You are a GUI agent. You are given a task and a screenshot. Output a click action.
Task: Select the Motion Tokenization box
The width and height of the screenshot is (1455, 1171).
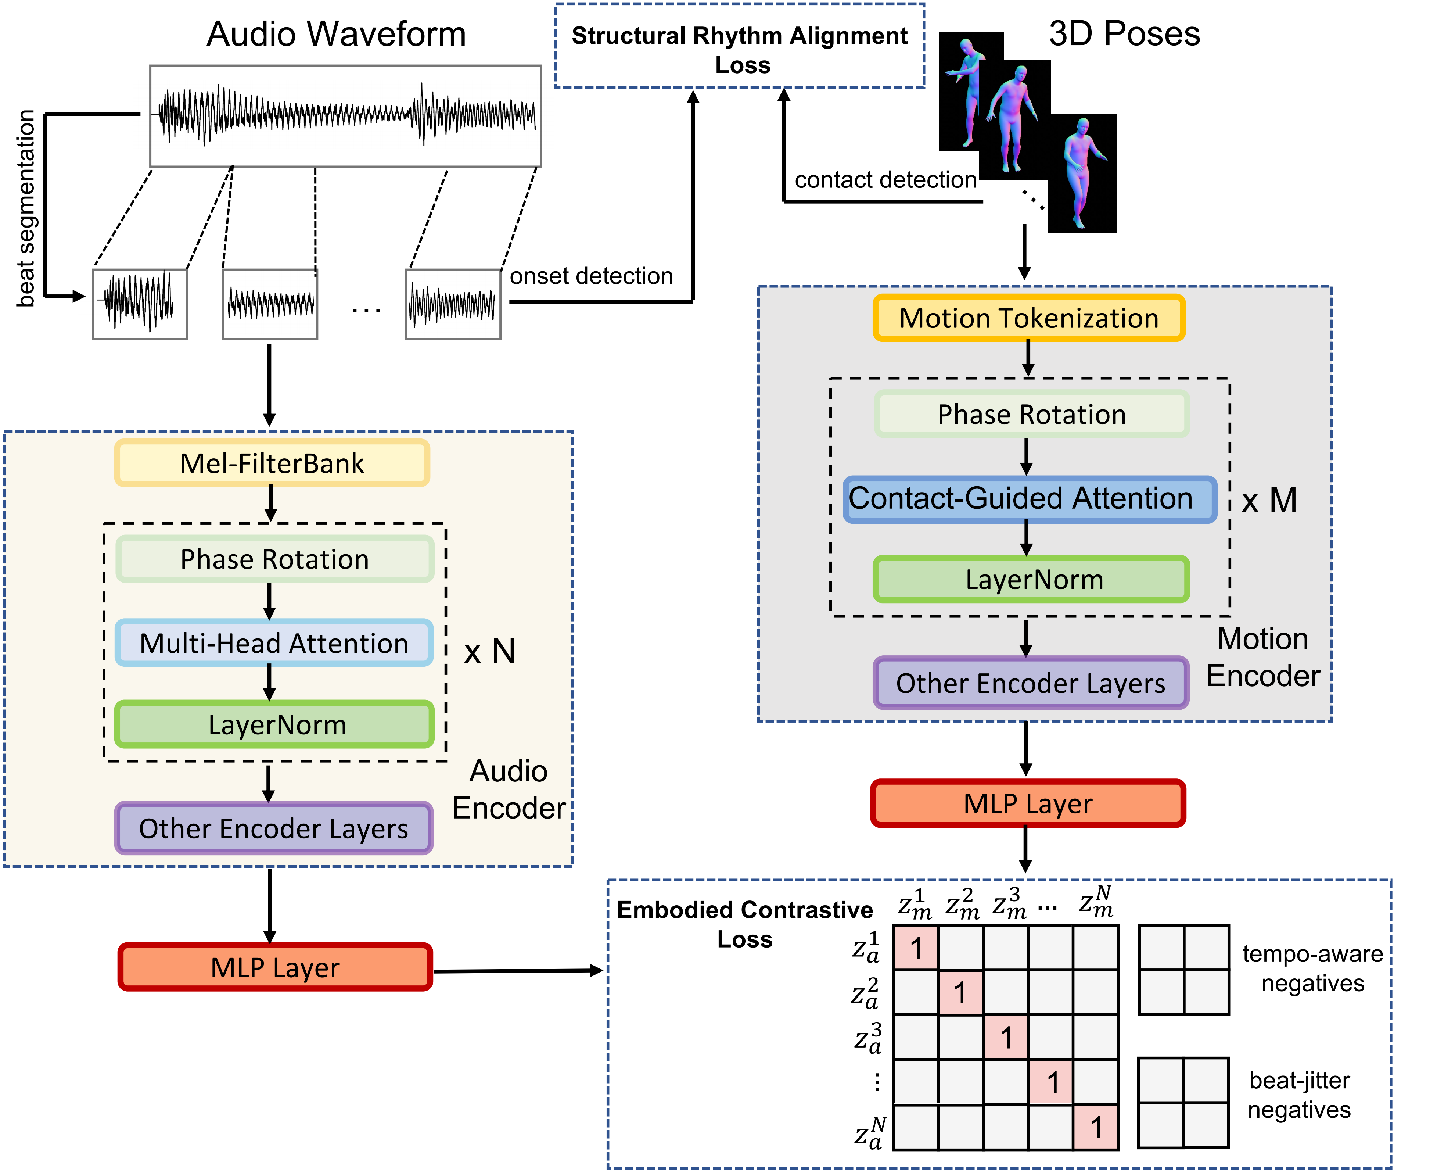[1028, 318]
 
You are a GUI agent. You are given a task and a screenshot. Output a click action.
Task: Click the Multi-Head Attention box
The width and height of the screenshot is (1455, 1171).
[274, 643]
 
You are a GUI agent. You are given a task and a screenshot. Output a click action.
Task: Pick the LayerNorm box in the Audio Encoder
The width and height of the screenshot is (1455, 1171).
[274, 724]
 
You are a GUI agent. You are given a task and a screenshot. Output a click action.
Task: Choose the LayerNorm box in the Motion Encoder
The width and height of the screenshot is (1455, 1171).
[1031, 579]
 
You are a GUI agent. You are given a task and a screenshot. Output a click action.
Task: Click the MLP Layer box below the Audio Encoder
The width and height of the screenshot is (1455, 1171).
[275, 967]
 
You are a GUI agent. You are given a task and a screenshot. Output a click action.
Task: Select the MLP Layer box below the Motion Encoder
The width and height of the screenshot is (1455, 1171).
[1028, 803]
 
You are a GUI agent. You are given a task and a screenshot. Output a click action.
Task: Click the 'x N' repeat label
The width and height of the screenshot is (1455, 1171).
[490, 651]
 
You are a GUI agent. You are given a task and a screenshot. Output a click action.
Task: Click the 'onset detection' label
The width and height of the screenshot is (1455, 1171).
[591, 276]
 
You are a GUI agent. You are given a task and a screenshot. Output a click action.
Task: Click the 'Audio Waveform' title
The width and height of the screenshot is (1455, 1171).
[336, 34]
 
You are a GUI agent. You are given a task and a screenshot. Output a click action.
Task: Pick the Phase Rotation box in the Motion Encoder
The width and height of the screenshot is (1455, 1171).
[1031, 414]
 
